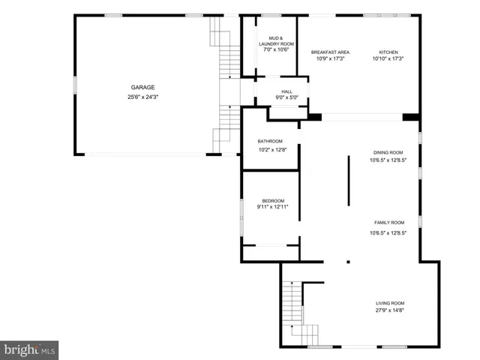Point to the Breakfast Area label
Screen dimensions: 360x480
tap(330, 52)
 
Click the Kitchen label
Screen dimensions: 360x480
tap(388, 52)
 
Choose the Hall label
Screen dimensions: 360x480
tap(287, 91)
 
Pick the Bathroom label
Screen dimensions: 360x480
tap(270, 141)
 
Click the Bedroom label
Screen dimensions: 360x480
tap(273, 200)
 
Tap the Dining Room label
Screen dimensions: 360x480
tap(388, 152)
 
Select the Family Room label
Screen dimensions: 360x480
tap(389, 223)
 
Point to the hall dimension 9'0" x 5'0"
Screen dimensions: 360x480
tap(287, 98)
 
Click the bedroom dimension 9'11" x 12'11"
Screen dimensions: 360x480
tap(273, 207)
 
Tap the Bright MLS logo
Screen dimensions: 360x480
tap(30, 349)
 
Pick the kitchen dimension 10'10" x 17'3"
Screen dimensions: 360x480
tap(388, 58)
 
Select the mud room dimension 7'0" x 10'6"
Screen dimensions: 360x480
tap(275, 50)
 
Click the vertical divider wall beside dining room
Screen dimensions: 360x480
tap(348, 180)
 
